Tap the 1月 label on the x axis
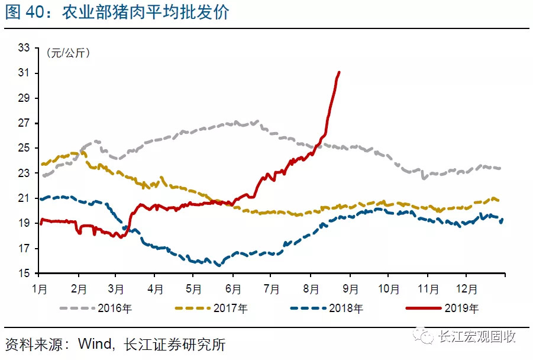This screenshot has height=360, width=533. point(40,290)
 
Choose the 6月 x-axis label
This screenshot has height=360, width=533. point(232,290)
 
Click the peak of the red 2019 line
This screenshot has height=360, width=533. point(339,72)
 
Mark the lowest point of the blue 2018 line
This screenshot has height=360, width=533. point(219,265)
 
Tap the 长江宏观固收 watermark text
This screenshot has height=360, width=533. point(476,336)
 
